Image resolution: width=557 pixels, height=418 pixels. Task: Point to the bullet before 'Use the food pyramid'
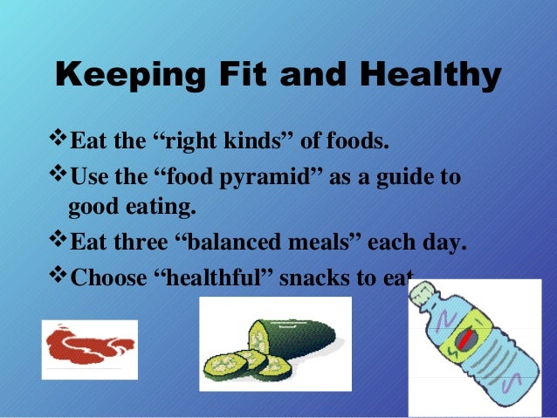pos(58,177)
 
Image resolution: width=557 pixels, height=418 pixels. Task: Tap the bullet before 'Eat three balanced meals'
pos(58,240)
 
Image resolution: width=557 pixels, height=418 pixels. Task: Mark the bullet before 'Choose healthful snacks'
pos(58,277)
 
